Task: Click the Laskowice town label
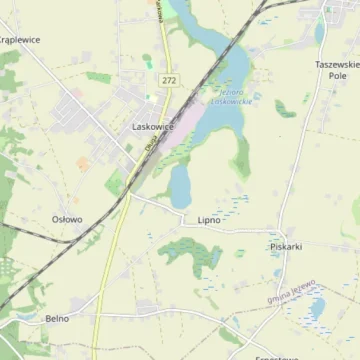152,127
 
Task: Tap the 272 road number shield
168,79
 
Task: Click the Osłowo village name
67,218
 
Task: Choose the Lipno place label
208,219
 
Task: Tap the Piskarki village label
286,246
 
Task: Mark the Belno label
57,318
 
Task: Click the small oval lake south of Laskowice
180,185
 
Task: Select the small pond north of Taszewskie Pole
320,33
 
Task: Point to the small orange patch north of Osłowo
82,162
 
